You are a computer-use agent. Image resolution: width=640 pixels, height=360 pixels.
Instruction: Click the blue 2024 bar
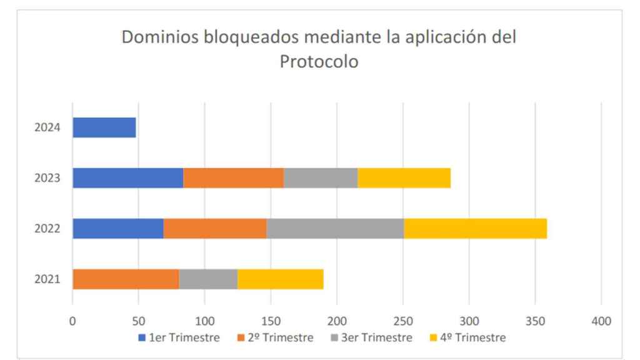(104, 127)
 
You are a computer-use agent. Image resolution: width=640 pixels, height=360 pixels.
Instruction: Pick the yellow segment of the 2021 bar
(280, 279)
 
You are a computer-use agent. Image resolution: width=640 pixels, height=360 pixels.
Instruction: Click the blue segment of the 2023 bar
(127, 178)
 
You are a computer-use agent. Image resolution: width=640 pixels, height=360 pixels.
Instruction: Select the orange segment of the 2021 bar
(126, 279)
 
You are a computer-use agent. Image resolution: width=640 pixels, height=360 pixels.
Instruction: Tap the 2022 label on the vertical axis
(48, 229)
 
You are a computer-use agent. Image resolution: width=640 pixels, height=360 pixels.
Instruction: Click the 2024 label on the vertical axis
(48, 127)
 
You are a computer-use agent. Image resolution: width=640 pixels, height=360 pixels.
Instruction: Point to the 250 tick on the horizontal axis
(403, 321)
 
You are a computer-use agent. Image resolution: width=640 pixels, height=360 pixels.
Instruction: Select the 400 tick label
(601, 321)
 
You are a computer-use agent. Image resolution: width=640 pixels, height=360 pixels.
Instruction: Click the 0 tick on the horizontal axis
(72, 321)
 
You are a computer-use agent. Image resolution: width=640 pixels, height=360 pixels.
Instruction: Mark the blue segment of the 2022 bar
(118, 228)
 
